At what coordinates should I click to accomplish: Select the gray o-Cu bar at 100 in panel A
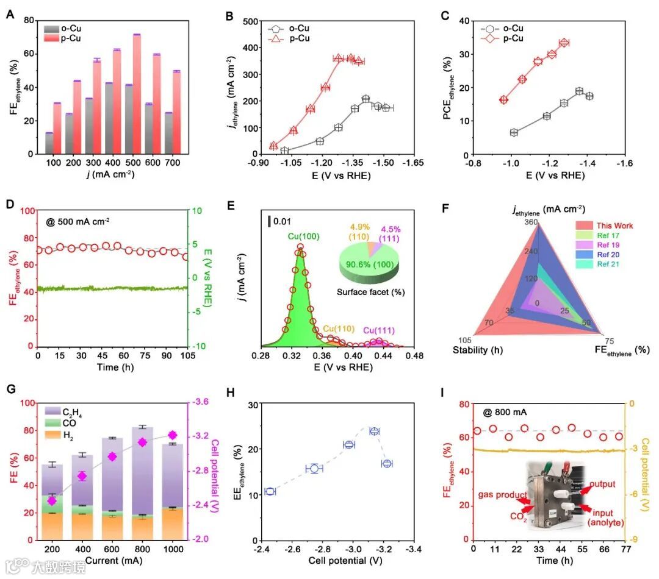[49, 143]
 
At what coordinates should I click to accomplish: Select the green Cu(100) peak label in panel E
[298, 236]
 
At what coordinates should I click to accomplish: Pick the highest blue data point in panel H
[375, 431]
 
